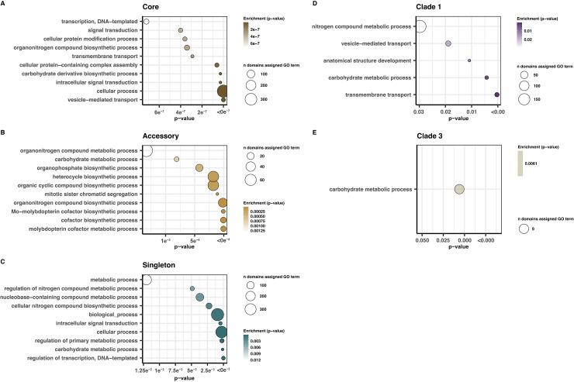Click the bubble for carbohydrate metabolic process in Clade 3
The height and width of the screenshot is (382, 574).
[x=459, y=189]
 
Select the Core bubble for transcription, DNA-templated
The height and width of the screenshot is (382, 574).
[x=146, y=21]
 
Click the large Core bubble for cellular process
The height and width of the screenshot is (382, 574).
[x=223, y=91]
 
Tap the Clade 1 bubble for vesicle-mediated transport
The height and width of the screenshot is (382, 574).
[x=448, y=43]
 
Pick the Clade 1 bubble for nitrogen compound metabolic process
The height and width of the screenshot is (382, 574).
[x=420, y=27]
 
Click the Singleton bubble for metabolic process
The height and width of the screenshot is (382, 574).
[x=146, y=280]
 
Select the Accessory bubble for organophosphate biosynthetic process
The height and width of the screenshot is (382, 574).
[x=199, y=168]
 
